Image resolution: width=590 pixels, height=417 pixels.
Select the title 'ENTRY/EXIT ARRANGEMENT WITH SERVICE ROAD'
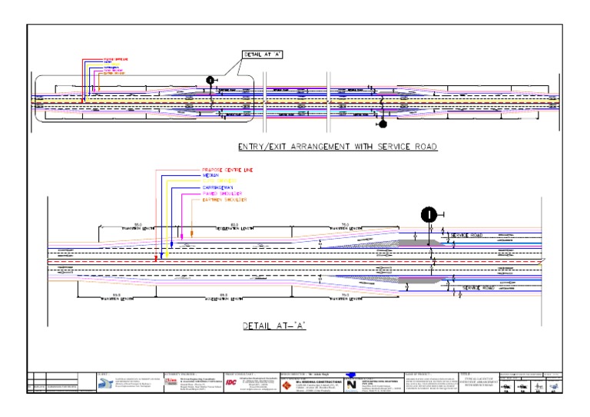[x=338, y=147]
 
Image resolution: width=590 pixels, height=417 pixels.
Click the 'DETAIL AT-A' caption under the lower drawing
[x=275, y=326]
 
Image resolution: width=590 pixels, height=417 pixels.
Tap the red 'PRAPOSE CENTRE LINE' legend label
[x=227, y=169]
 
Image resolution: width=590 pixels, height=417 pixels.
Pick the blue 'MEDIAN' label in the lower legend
[x=212, y=174]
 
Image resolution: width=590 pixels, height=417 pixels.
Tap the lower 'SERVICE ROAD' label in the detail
[x=481, y=288]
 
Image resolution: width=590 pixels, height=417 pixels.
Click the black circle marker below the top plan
[x=382, y=123]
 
